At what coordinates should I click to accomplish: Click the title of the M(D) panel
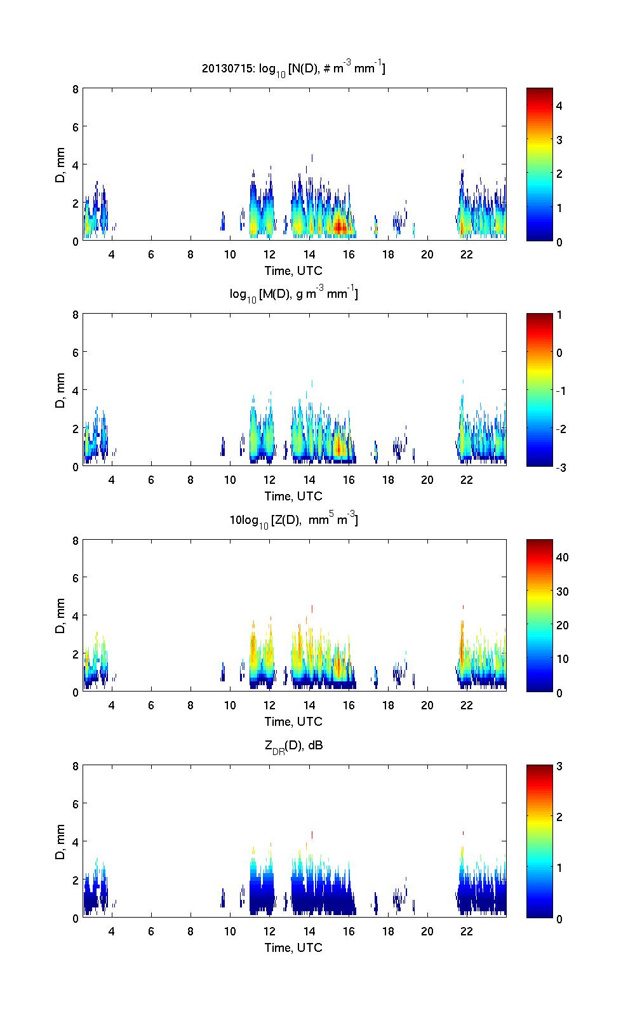point(293,295)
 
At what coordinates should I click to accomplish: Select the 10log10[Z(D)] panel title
point(293,520)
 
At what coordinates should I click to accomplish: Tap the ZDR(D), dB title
point(293,746)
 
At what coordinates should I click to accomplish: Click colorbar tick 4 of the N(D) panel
point(559,106)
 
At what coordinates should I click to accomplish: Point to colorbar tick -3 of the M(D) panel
point(561,467)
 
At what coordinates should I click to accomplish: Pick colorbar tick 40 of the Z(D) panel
point(562,558)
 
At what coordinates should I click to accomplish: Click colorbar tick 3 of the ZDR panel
point(559,766)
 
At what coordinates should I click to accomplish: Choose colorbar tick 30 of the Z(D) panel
point(562,592)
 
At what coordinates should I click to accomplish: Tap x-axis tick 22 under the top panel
point(467,255)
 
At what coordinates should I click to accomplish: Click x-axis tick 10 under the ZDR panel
point(230,932)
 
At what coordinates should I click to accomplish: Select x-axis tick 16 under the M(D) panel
point(349,480)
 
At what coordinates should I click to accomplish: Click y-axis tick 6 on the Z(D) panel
point(75,578)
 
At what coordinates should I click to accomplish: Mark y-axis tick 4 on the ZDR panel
point(75,842)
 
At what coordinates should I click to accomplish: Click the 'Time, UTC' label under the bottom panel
point(293,947)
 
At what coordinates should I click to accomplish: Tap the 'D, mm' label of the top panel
point(61,165)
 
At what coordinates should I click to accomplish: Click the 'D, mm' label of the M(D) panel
point(61,391)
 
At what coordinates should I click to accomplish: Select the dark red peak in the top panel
point(340,225)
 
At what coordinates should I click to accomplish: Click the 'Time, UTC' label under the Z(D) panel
point(293,721)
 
